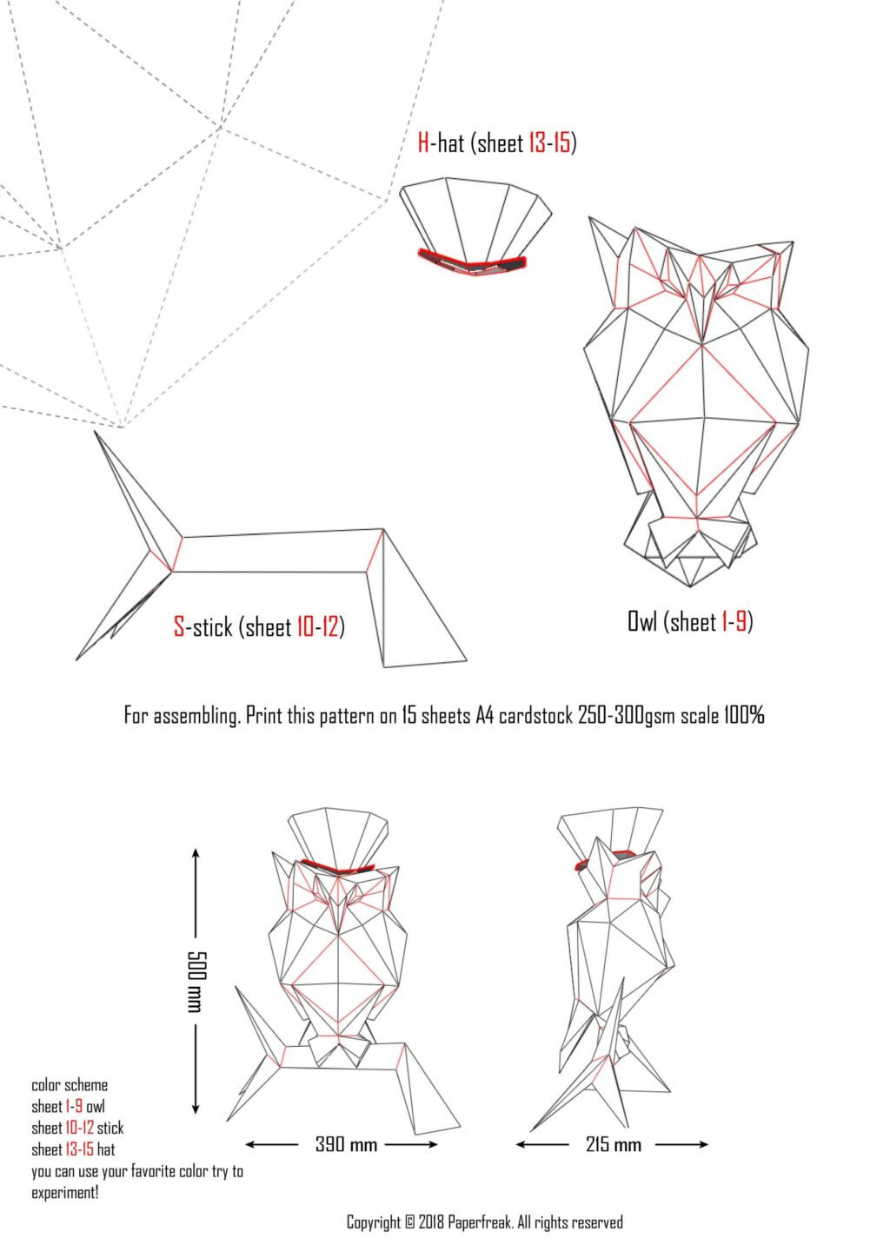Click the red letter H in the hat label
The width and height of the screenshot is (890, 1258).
tap(423, 142)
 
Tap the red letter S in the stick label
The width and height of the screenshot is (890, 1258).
tap(179, 626)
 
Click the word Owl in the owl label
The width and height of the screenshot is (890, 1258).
tap(642, 621)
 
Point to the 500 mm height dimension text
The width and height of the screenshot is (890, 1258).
tap(195, 981)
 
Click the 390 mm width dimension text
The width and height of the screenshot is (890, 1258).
tap(346, 1144)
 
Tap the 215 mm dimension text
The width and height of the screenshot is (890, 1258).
tap(613, 1144)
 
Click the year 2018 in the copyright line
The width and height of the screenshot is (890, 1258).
tap(431, 1222)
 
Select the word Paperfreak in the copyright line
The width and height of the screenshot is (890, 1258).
tap(481, 1222)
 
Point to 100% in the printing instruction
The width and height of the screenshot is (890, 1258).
tap(743, 715)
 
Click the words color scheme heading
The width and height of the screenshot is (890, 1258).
tap(70, 1085)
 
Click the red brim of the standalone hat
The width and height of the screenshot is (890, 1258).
tap(473, 262)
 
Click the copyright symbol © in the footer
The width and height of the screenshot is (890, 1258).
tap(409, 1222)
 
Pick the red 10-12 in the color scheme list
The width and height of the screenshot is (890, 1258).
tap(79, 1128)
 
